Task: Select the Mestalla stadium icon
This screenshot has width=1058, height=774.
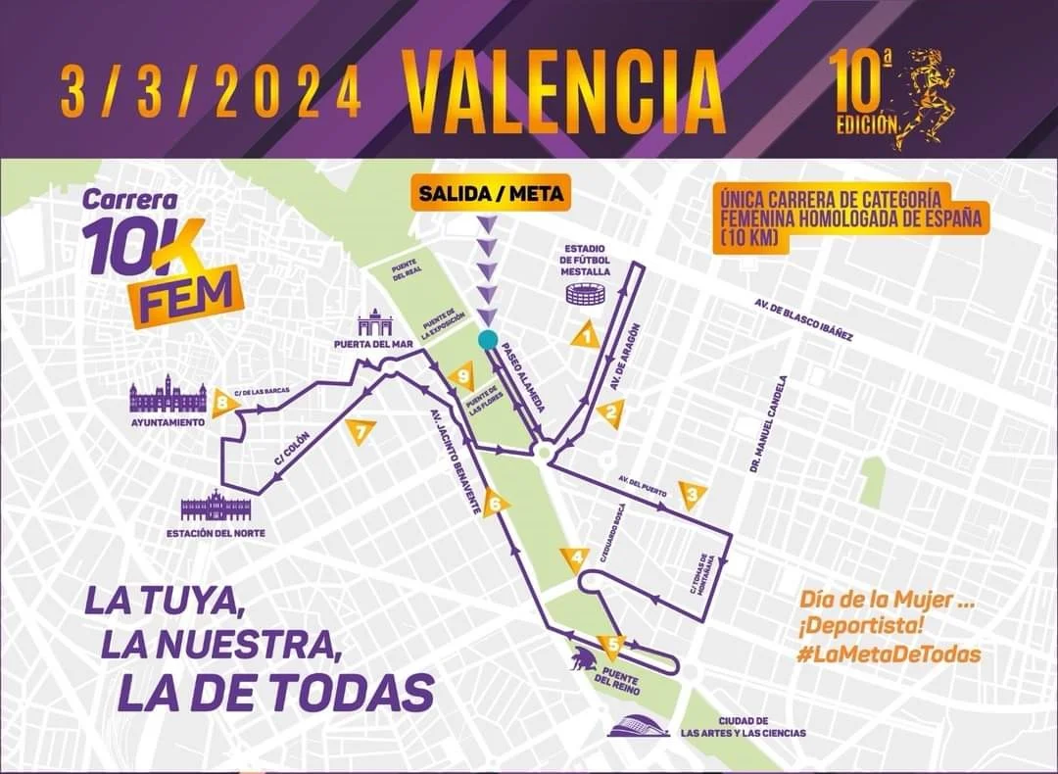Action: tap(586, 293)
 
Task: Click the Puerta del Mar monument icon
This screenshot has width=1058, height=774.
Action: tap(374, 322)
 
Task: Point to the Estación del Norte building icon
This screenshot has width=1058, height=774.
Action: tap(216, 508)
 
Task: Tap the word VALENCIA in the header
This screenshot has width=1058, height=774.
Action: tap(564, 93)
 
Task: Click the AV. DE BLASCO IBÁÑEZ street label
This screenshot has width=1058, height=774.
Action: tap(803, 320)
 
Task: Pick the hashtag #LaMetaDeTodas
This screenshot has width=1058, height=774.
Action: tap(889, 653)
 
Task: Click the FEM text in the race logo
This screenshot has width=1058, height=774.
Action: tap(186, 293)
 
